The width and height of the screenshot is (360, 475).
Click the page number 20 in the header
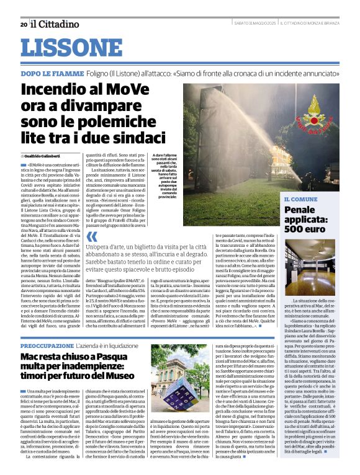point(23,24)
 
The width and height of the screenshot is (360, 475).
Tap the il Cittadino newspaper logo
point(56,24)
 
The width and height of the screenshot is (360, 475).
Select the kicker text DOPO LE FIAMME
point(52,73)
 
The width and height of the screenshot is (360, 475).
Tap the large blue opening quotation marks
point(91,237)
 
